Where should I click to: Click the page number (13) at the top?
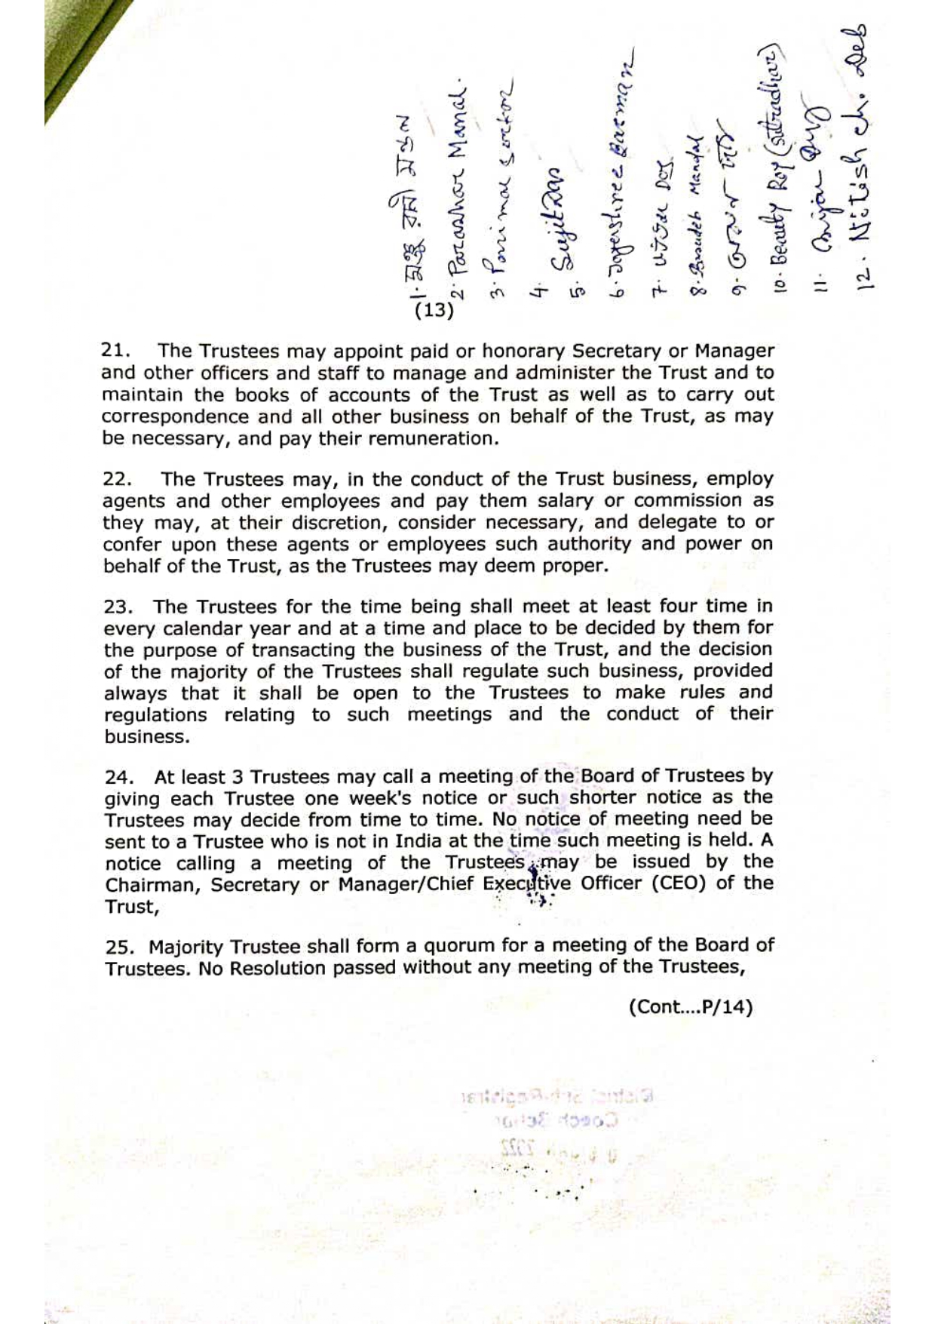pyautogui.click(x=434, y=310)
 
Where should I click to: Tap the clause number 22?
pyautogui.click(x=117, y=479)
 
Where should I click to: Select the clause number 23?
pyautogui.click(x=118, y=607)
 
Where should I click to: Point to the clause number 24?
pyautogui.click(x=119, y=777)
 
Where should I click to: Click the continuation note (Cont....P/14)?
pyautogui.click(x=690, y=1007)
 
